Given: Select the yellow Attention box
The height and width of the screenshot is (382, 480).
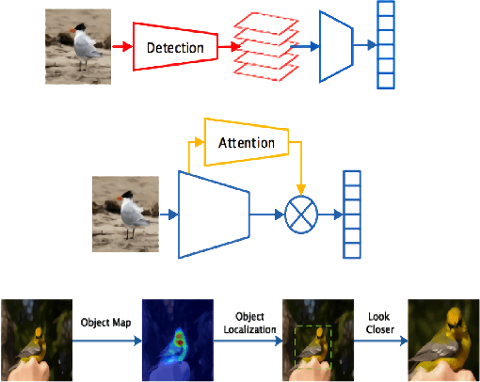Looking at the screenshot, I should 245,142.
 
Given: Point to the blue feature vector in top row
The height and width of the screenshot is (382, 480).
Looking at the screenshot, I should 386,45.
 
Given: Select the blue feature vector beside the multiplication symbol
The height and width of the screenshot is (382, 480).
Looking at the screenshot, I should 352,215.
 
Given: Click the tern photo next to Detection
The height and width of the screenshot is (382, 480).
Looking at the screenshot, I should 77,44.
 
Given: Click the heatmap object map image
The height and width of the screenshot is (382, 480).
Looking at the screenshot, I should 173,340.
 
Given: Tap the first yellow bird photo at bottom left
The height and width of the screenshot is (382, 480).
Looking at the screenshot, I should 35,340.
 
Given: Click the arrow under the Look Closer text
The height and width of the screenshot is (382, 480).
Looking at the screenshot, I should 380,340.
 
